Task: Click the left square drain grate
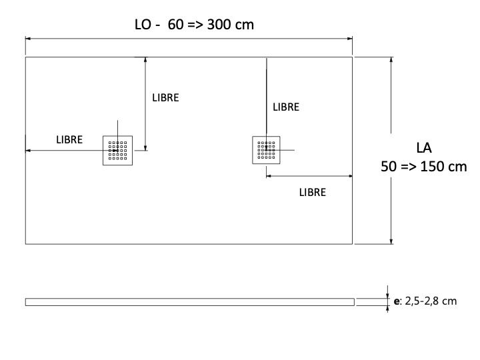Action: pos(117,150)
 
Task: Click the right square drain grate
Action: pos(266,150)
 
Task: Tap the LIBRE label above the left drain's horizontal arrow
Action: pos(69,139)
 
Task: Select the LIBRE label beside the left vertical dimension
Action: pos(165,97)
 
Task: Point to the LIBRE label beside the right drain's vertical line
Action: pos(286,107)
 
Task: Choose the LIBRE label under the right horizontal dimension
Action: pos(313,192)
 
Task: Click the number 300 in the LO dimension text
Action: pos(218,25)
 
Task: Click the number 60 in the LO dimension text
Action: pos(176,25)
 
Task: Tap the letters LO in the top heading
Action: pos(143,25)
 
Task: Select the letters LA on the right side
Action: pos(424,148)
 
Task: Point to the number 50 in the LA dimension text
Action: pos(389,167)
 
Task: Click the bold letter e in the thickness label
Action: pos(397,301)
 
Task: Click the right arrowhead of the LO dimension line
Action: pos(350,39)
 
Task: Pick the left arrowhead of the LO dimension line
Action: pos(28,39)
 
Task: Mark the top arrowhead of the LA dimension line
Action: pos(391,60)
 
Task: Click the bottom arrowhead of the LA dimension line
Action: pos(391,241)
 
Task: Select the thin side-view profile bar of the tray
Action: pos(190,302)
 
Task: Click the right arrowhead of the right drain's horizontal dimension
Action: pos(350,176)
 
